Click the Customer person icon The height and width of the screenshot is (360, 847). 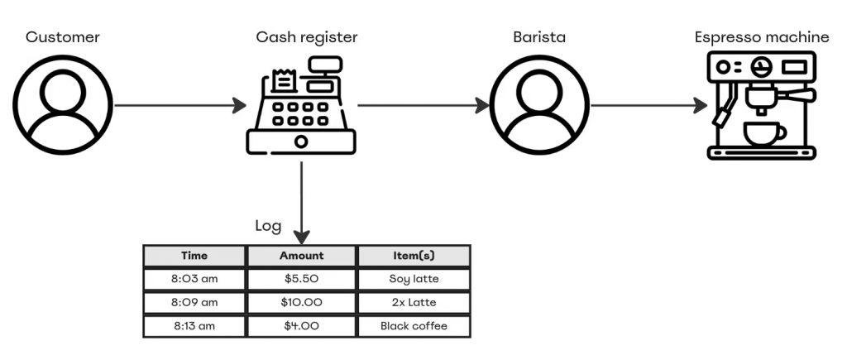coord(64,104)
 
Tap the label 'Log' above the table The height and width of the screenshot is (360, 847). coord(268,226)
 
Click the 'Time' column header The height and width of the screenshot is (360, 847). coord(194,256)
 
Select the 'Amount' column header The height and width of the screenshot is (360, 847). coord(301,256)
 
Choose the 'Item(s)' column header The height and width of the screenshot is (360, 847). coord(414,256)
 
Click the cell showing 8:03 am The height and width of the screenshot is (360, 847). coord(194,279)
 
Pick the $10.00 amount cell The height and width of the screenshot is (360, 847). coord(301,302)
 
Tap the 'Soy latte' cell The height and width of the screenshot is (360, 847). coord(414,279)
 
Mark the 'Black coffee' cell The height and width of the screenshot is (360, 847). coord(414,326)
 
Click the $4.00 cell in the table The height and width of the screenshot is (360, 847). coord(301,326)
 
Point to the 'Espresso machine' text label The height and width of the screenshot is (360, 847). coord(762,37)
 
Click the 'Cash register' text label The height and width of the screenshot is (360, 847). coord(307,37)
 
